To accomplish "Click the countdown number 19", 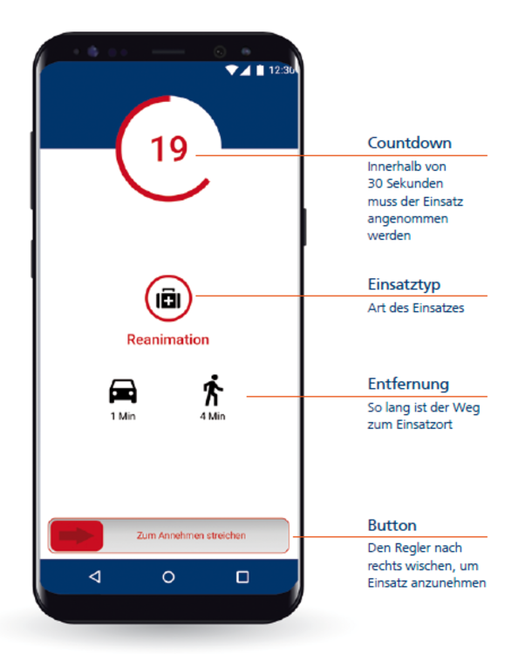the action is click(169, 148).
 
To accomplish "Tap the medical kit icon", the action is click(168, 298).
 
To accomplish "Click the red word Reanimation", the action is click(168, 339).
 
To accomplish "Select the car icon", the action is click(123, 392).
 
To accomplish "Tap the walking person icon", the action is click(213, 391).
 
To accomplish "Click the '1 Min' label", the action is click(123, 416).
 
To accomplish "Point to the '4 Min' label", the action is click(213, 416).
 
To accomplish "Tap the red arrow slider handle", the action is click(77, 536).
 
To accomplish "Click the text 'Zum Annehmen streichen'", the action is click(192, 535).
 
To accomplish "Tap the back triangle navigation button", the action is click(95, 577).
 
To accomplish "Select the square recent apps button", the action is click(242, 577).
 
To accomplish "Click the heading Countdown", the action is click(410, 143).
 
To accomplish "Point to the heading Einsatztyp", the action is click(404, 285).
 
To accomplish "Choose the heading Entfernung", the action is click(408, 385).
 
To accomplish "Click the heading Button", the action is click(392, 526).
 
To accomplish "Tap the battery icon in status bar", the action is click(260, 70).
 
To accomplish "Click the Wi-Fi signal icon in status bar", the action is click(231, 70).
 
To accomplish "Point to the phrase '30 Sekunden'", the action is click(406, 183).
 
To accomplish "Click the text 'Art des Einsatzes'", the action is click(416, 308).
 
